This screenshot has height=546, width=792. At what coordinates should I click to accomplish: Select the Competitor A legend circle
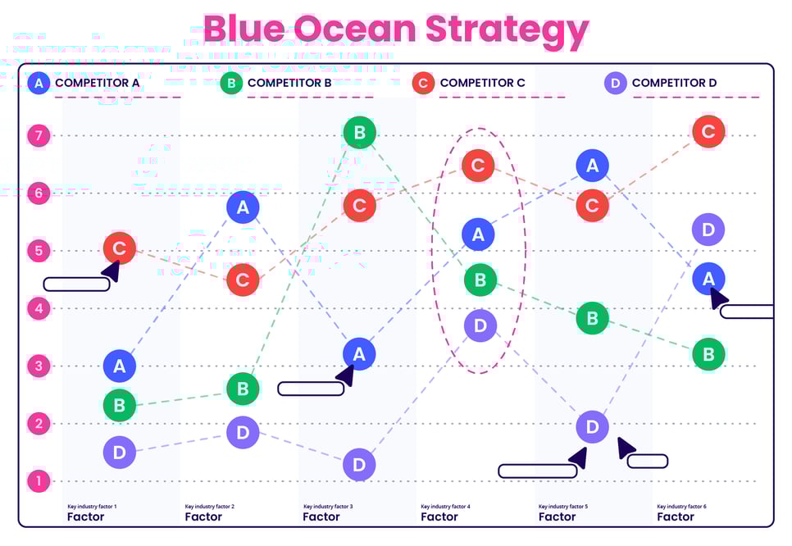coord(39,83)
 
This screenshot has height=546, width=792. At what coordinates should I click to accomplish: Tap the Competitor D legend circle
coord(616,83)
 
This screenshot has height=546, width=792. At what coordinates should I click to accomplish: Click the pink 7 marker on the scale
coord(39,135)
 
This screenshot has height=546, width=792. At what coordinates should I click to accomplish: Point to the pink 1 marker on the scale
coord(39,481)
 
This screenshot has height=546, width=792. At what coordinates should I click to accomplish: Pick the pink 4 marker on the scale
coord(39,308)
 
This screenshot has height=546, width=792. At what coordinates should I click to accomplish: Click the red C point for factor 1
coord(120,248)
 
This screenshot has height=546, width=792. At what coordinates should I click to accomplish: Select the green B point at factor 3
coord(359,132)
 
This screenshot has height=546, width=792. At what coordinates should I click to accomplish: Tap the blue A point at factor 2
coord(243,207)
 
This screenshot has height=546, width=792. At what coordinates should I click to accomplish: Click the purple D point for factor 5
coord(592,426)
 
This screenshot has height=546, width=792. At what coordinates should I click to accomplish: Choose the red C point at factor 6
coord(708,131)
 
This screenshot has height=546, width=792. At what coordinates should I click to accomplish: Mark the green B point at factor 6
coord(708,354)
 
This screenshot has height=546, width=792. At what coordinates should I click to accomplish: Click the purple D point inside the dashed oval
coord(480,326)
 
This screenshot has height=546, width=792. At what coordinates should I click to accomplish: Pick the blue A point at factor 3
coord(359,353)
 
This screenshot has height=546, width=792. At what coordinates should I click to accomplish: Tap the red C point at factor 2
coord(243,280)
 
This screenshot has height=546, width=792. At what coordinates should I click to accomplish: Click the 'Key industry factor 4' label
coord(445,507)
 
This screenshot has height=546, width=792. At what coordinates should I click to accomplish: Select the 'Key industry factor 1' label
coord(92,507)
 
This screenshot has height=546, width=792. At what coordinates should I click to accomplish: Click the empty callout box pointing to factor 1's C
coord(76,284)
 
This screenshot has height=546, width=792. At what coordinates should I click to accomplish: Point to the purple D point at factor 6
coord(708,230)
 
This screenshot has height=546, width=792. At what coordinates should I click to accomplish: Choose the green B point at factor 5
coord(592,317)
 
